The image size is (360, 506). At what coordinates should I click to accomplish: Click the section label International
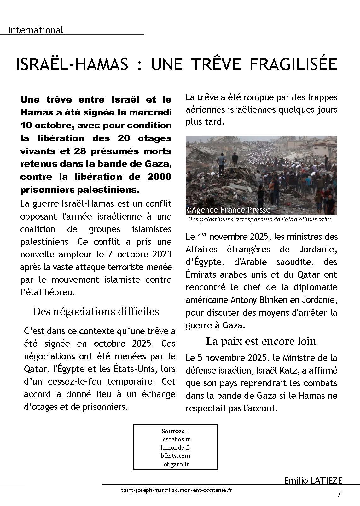pos(36,30)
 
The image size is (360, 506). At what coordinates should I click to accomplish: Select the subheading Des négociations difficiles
pos(96,312)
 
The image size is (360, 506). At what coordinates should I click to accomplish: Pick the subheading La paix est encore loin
pos(261,341)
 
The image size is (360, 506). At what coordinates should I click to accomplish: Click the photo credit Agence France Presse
pos(231,210)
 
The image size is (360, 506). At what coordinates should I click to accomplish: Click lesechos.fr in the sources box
pos(175,439)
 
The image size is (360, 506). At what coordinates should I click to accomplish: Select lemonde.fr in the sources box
pos(175,447)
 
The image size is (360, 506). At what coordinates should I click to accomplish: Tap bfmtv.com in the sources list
pos(175,456)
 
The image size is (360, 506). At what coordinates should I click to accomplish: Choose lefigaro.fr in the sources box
pos(175,464)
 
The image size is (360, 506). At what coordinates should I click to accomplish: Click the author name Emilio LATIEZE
pos(313,480)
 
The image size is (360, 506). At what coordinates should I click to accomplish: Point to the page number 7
pos(339,494)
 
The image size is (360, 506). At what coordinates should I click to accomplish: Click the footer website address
pos(177,491)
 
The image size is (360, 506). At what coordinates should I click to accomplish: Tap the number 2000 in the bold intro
pos(160,177)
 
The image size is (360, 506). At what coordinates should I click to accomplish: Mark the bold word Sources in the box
pos(173,431)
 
